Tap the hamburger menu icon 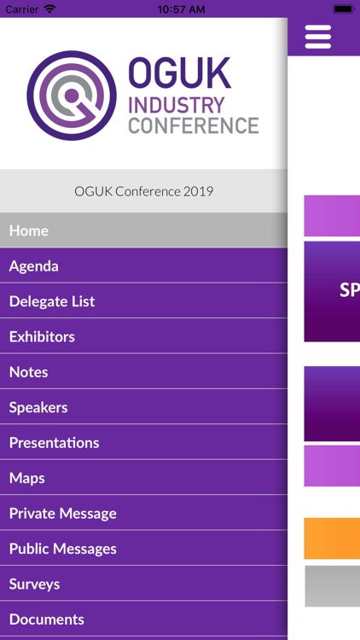317,37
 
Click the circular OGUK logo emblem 71,95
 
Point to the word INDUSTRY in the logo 177,106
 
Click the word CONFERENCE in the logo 193,125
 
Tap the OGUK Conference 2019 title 143,191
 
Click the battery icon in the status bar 343,9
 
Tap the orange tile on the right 332,538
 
